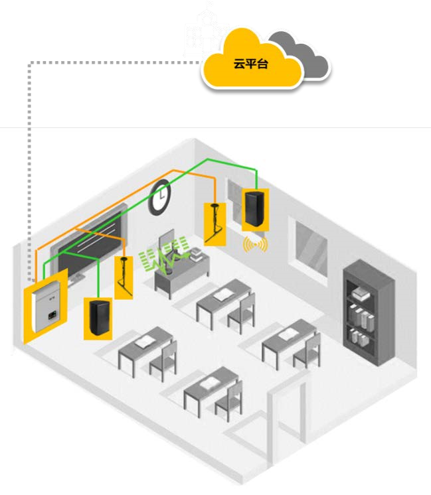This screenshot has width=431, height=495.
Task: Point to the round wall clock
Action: pyautogui.click(x=160, y=197)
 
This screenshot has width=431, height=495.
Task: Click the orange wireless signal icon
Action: pyautogui.click(x=256, y=244)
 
